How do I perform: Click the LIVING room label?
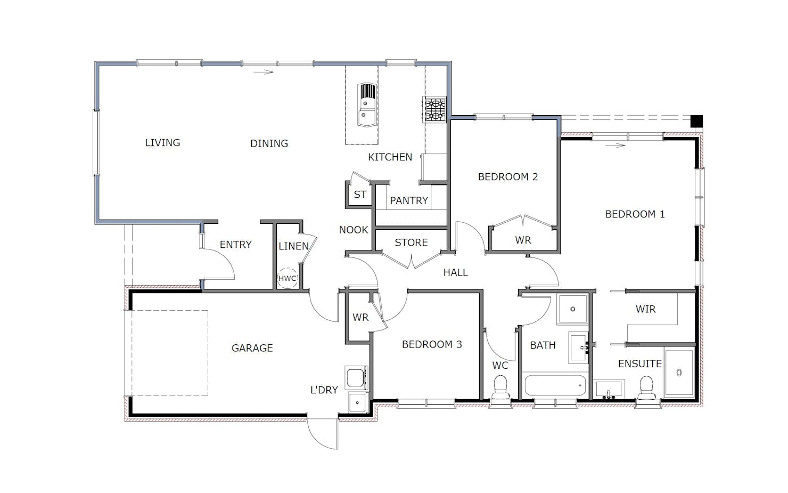click(162, 143)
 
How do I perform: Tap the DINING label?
click(269, 143)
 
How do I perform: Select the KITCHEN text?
click(390, 157)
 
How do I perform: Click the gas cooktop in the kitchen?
click(435, 109)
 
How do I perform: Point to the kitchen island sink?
click(367, 105)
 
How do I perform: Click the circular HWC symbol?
click(288, 278)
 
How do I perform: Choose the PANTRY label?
click(409, 200)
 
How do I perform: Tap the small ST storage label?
click(360, 195)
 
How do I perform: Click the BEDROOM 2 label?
click(508, 177)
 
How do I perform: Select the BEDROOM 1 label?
click(635, 214)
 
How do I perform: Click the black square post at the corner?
click(696, 121)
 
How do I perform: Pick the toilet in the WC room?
click(500, 386)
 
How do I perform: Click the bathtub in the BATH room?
click(555, 385)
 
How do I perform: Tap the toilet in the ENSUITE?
click(646, 387)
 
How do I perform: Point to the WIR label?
click(645, 309)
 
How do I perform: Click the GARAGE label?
click(252, 348)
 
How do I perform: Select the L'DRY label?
click(324, 390)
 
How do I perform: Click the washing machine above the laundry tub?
click(357, 377)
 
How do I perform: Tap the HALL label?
click(456, 272)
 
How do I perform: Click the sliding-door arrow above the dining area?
click(263, 72)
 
